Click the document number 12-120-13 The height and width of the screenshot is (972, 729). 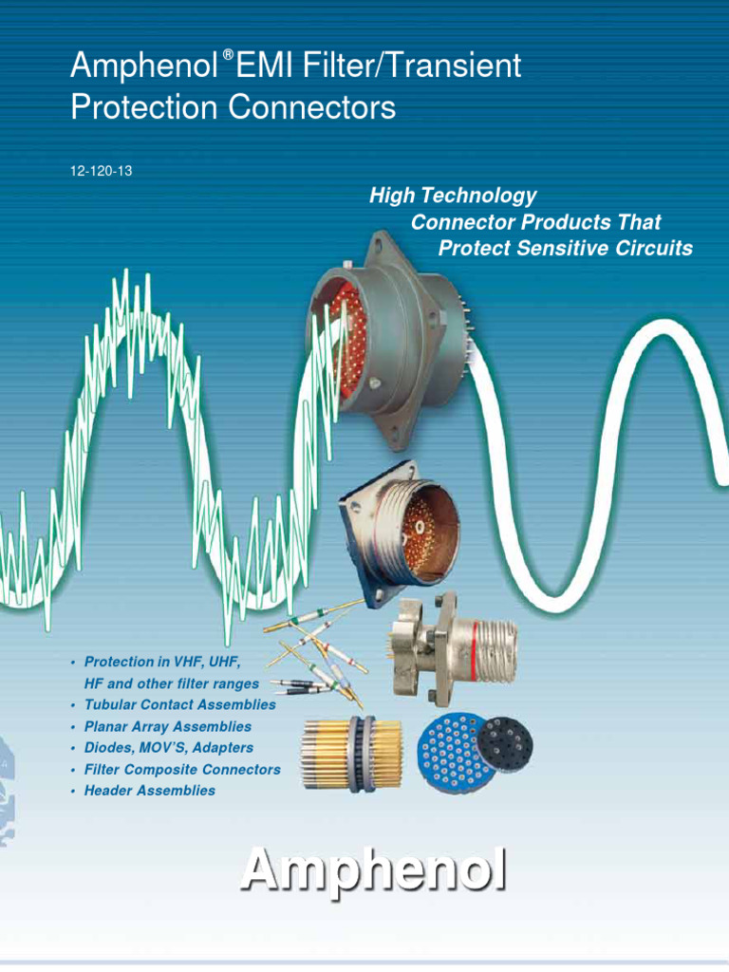pos(101,171)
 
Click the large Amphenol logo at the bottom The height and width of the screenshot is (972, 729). pos(372,871)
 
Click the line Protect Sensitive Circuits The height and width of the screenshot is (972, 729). pos(566,249)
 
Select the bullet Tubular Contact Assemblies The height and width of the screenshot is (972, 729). pos(179,705)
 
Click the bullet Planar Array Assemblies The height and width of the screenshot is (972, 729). pos(168,726)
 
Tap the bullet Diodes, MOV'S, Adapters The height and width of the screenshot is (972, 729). pos(169,748)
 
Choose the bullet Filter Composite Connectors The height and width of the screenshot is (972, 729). pos(182,769)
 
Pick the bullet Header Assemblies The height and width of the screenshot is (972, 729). pos(150,790)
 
